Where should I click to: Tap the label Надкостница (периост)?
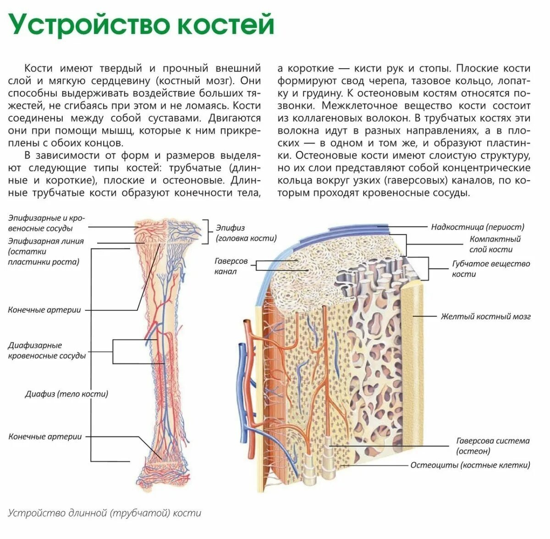coord(478,226)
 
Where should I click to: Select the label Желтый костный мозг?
coord(485,316)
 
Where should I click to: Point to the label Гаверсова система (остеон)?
coord(493,446)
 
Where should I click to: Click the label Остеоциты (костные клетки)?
coord(470,465)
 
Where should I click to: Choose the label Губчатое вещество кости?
coord(491,269)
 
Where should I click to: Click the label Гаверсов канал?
coord(231,266)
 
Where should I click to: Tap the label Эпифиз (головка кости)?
coord(246,232)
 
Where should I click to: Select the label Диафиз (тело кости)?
coord(66,393)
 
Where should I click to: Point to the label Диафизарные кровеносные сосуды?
coord(47,350)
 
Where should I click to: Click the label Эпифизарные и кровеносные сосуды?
coord(46,223)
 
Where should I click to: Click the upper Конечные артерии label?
coord(44,310)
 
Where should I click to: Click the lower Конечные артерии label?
coord(45,437)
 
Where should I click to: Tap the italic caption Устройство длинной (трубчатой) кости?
coord(105,512)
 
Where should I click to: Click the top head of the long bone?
coord(167,231)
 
